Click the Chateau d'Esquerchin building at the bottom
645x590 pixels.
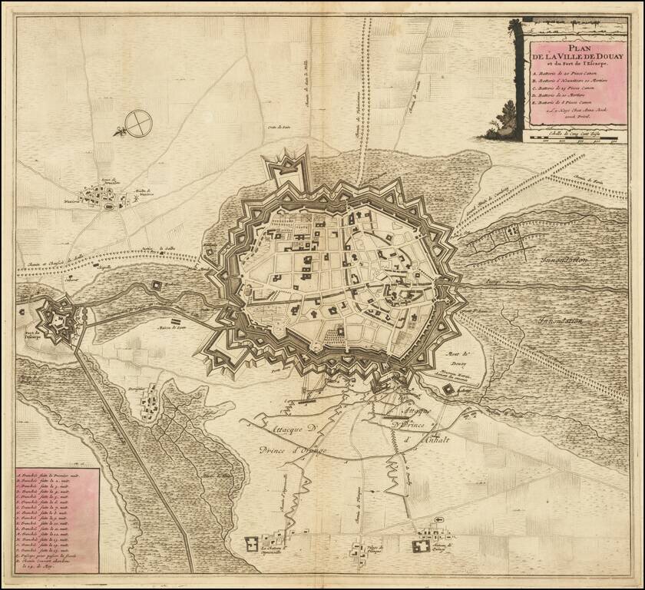(253, 545)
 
